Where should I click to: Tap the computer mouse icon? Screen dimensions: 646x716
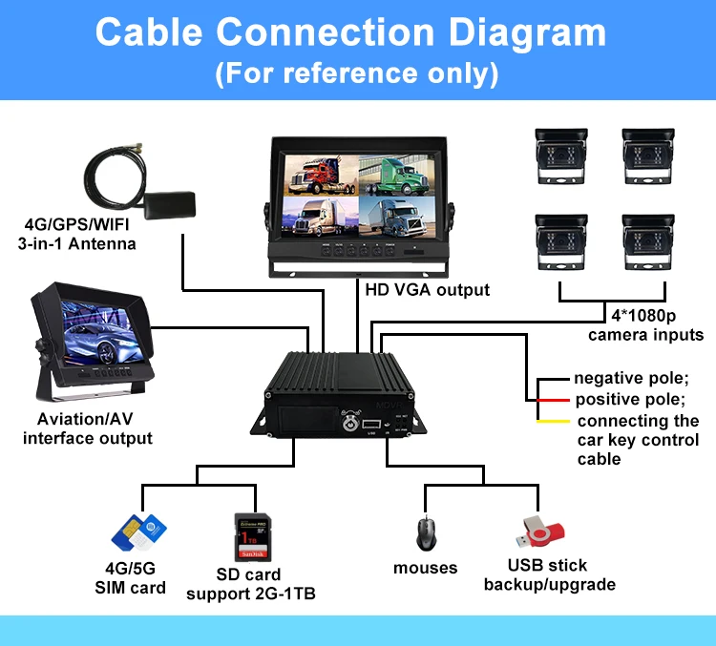pos(425,532)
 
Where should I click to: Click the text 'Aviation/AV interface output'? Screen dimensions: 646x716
pos(88,429)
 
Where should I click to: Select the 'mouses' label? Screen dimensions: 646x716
pos(426,568)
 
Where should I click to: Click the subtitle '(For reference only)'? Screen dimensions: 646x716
pos(357,73)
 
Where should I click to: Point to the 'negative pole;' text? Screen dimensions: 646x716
pos(630,379)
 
